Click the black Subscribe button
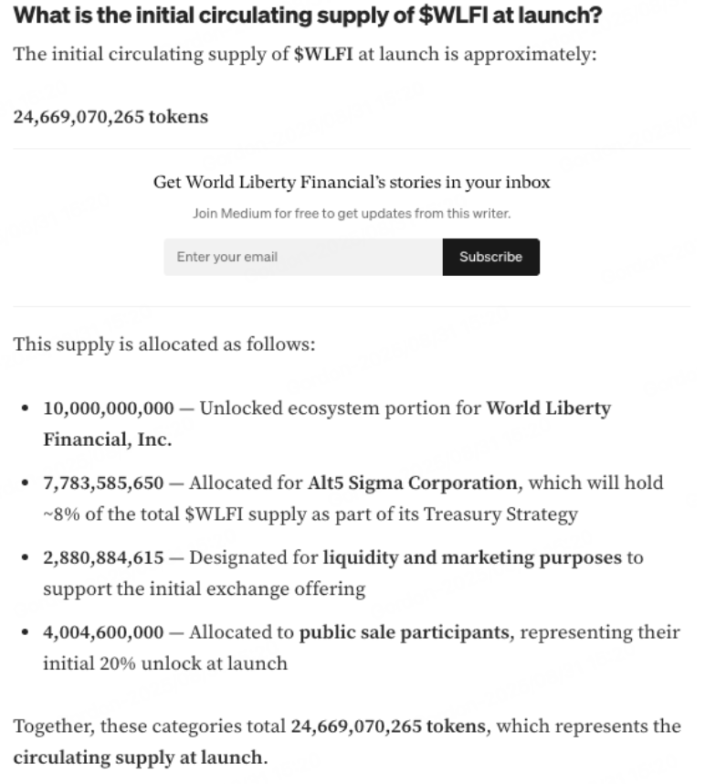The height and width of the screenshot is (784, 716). click(490, 257)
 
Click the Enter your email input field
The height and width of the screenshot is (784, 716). click(302, 257)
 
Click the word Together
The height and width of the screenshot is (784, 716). click(52, 726)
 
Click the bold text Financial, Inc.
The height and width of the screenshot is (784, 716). click(107, 440)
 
